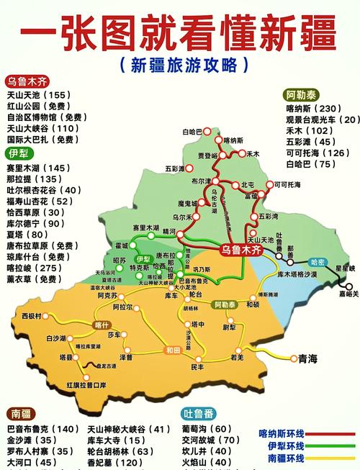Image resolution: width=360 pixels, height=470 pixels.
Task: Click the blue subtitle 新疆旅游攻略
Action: point(179,65)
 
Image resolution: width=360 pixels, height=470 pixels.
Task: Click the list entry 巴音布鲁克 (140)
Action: point(43,429)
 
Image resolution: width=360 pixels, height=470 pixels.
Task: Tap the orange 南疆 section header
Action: point(21,414)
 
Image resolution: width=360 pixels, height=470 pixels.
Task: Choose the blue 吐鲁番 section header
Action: point(197,414)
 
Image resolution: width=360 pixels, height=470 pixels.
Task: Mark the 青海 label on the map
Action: point(308,356)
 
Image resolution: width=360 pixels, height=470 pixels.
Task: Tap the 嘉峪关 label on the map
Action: point(348,294)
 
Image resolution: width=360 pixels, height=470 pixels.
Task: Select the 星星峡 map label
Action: point(346,268)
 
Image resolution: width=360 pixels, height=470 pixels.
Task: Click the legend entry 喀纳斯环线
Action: point(282,433)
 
